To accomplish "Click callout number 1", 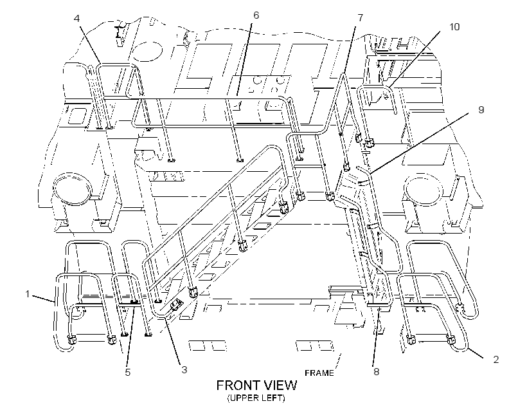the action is click(x=28, y=294).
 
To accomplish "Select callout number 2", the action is click(x=496, y=360).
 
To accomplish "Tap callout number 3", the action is click(x=184, y=369).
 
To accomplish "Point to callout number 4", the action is click(x=77, y=18).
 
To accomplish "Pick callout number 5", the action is click(x=128, y=373).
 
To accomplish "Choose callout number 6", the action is click(x=256, y=15).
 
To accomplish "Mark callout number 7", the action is click(x=361, y=17).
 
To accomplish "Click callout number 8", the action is click(x=377, y=371).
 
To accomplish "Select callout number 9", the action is click(x=481, y=110).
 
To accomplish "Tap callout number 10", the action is click(x=454, y=26).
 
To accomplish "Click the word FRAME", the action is click(x=319, y=373).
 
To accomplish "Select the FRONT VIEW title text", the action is click(x=257, y=385).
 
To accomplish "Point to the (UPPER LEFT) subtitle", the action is click(x=256, y=398).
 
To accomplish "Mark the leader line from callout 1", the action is click(x=43, y=298).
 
